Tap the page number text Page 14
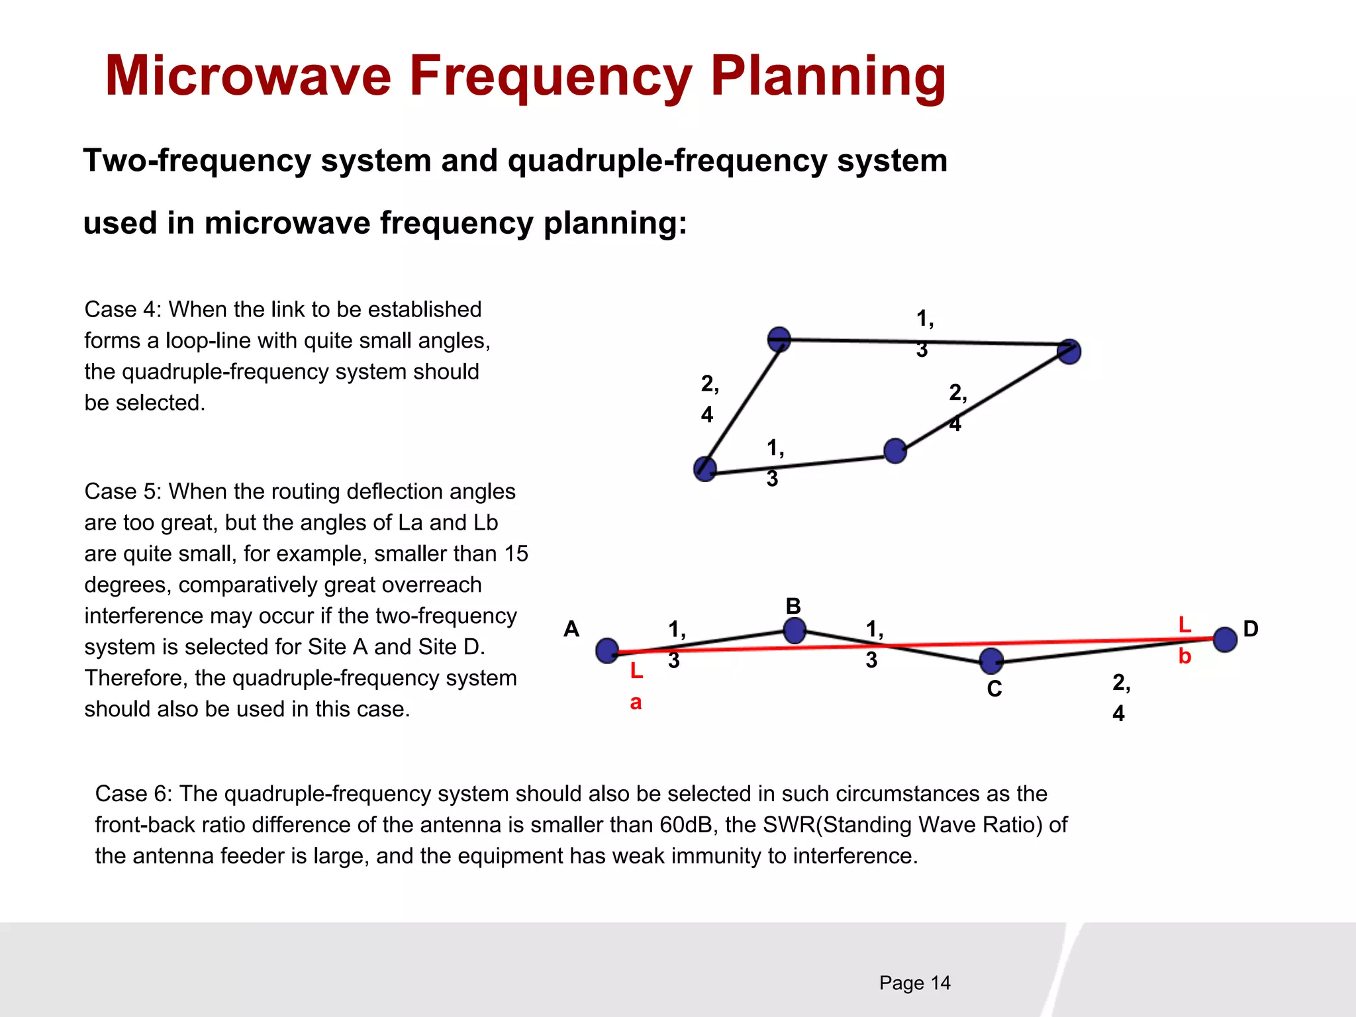click(x=914, y=983)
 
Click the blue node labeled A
click(x=607, y=651)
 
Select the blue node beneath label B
click(x=795, y=630)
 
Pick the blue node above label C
click(x=991, y=661)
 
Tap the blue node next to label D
click(x=1225, y=640)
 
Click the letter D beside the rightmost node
click(x=1250, y=629)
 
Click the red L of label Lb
click(x=1185, y=624)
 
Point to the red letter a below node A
click(x=636, y=702)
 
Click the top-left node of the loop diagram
click(x=779, y=339)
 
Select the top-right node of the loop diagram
click(x=1069, y=352)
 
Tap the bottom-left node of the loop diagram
click(x=705, y=469)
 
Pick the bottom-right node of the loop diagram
click(x=895, y=451)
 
